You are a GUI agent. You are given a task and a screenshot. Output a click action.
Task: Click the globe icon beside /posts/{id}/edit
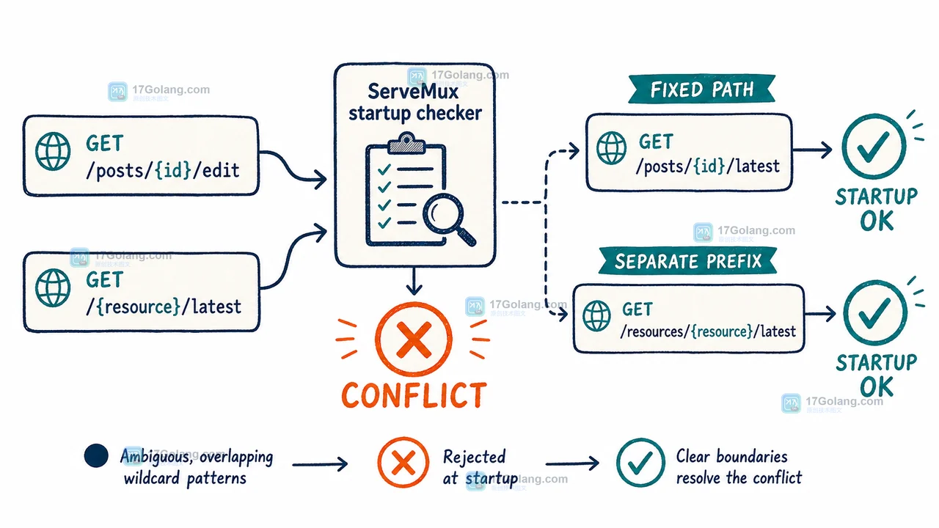point(53,151)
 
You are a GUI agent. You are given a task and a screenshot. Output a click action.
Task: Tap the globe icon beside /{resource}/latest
point(53,288)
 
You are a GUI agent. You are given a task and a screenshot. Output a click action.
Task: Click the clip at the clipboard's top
point(406,142)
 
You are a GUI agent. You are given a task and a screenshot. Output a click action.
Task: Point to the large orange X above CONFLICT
point(413,339)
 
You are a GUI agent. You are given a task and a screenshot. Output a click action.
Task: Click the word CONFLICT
point(414,395)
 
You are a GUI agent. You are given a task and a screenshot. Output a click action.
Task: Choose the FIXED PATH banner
point(702,89)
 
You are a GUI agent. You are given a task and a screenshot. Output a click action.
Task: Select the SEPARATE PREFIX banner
point(688,260)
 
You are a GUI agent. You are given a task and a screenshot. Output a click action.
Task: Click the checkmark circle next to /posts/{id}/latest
point(874,147)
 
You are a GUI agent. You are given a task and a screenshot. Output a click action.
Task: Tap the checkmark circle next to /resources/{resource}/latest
point(875,313)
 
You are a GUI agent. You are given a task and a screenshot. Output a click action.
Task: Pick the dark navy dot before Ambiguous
point(96,455)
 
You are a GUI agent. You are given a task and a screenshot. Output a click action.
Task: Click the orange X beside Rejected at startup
point(403,462)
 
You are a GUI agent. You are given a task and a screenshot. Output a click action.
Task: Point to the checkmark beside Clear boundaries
point(640,462)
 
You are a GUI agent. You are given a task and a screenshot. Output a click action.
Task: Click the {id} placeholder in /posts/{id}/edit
point(173,170)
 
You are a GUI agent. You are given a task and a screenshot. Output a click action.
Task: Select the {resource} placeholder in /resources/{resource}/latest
point(722,331)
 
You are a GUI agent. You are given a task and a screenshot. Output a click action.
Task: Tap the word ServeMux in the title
point(413,92)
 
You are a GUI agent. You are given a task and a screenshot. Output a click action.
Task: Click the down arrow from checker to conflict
point(414,281)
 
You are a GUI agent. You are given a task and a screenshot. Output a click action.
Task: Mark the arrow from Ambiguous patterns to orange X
point(320,464)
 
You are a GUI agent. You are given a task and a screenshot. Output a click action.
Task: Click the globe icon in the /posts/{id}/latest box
point(612,148)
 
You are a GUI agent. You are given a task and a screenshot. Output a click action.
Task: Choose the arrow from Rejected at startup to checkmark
point(572,463)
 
